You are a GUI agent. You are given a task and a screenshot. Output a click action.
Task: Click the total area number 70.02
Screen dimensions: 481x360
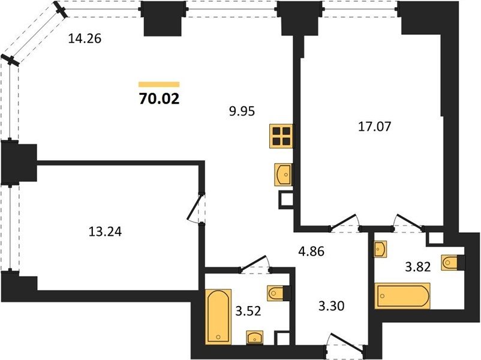[x=159, y=99]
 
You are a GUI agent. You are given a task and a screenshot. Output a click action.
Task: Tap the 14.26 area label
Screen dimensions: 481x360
[x=85, y=39]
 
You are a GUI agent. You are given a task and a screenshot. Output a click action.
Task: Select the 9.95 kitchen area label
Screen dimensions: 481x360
[x=242, y=111]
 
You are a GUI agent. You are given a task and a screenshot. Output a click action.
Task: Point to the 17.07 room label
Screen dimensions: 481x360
[x=375, y=127]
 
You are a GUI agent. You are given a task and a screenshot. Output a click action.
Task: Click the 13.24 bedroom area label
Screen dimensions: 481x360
[x=105, y=232]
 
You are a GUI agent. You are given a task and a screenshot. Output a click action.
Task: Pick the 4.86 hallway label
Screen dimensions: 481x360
[x=311, y=251]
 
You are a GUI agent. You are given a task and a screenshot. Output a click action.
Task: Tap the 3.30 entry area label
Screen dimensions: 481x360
[x=331, y=306]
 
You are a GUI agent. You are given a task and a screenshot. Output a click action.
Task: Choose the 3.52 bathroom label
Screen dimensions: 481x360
[x=248, y=311]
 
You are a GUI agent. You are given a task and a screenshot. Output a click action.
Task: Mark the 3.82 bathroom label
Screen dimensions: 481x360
[x=418, y=267]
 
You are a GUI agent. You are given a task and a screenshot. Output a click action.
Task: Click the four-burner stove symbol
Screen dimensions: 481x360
[x=282, y=136]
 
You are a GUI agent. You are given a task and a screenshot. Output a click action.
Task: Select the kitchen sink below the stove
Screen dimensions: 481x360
[x=283, y=175]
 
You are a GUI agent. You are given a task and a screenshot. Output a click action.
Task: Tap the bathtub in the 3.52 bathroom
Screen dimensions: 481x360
[x=218, y=316]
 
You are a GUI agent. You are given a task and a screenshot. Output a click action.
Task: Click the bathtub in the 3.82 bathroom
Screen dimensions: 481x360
[x=402, y=296]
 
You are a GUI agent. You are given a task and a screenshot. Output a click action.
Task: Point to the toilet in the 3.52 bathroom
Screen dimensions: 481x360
[x=279, y=293]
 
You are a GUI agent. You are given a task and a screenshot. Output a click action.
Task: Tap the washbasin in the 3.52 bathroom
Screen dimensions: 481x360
[x=255, y=338]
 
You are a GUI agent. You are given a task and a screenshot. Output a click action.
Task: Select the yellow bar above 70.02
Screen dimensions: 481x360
[x=159, y=85]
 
